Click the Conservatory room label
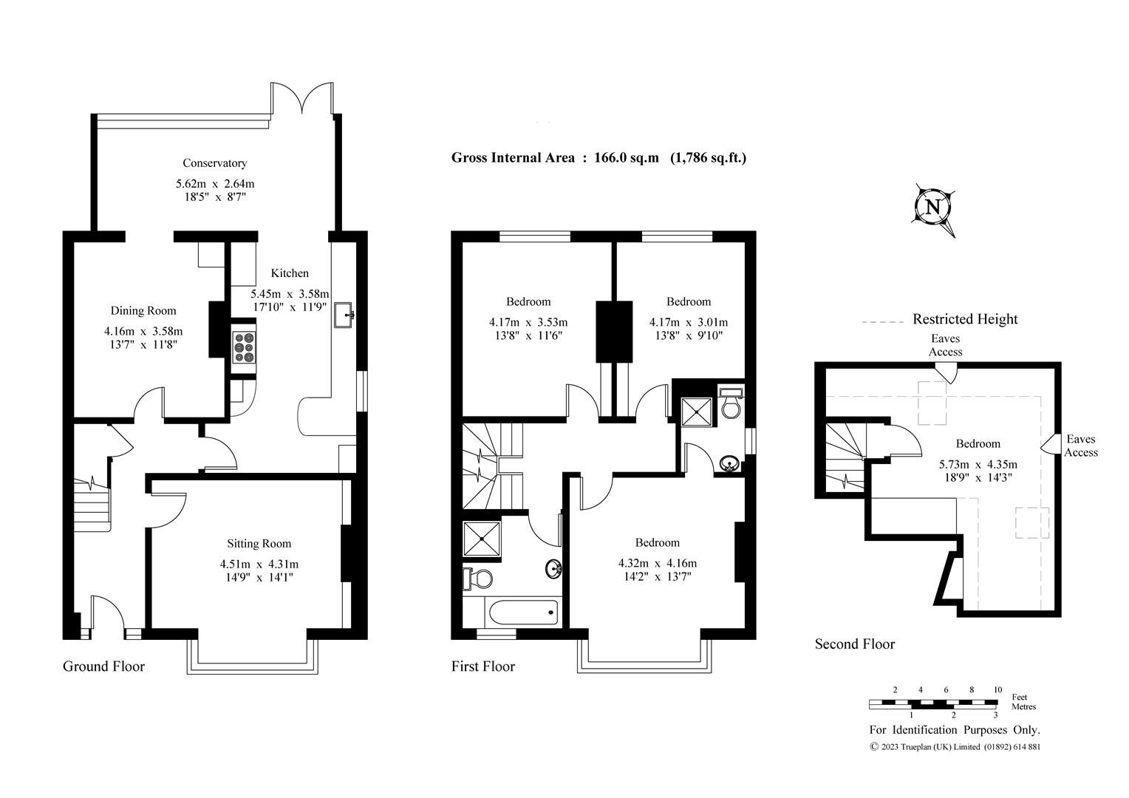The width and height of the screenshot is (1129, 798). click(214, 163)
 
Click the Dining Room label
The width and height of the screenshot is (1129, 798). click(143, 310)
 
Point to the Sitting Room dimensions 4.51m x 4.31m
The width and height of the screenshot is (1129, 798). click(259, 564)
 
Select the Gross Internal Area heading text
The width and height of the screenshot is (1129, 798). click(598, 157)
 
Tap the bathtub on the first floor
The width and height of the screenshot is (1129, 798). click(522, 611)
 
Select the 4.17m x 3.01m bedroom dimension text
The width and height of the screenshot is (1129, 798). click(688, 322)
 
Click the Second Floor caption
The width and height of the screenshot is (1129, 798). click(854, 644)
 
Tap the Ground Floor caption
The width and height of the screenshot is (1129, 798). click(103, 666)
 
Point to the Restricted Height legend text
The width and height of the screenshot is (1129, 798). click(964, 319)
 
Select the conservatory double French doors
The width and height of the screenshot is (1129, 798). click(303, 98)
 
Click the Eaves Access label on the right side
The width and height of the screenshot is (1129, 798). click(1080, 446)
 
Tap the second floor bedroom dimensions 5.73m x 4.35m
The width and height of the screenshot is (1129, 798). click(978, 465)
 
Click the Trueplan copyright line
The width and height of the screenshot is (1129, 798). click(955, 746)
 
